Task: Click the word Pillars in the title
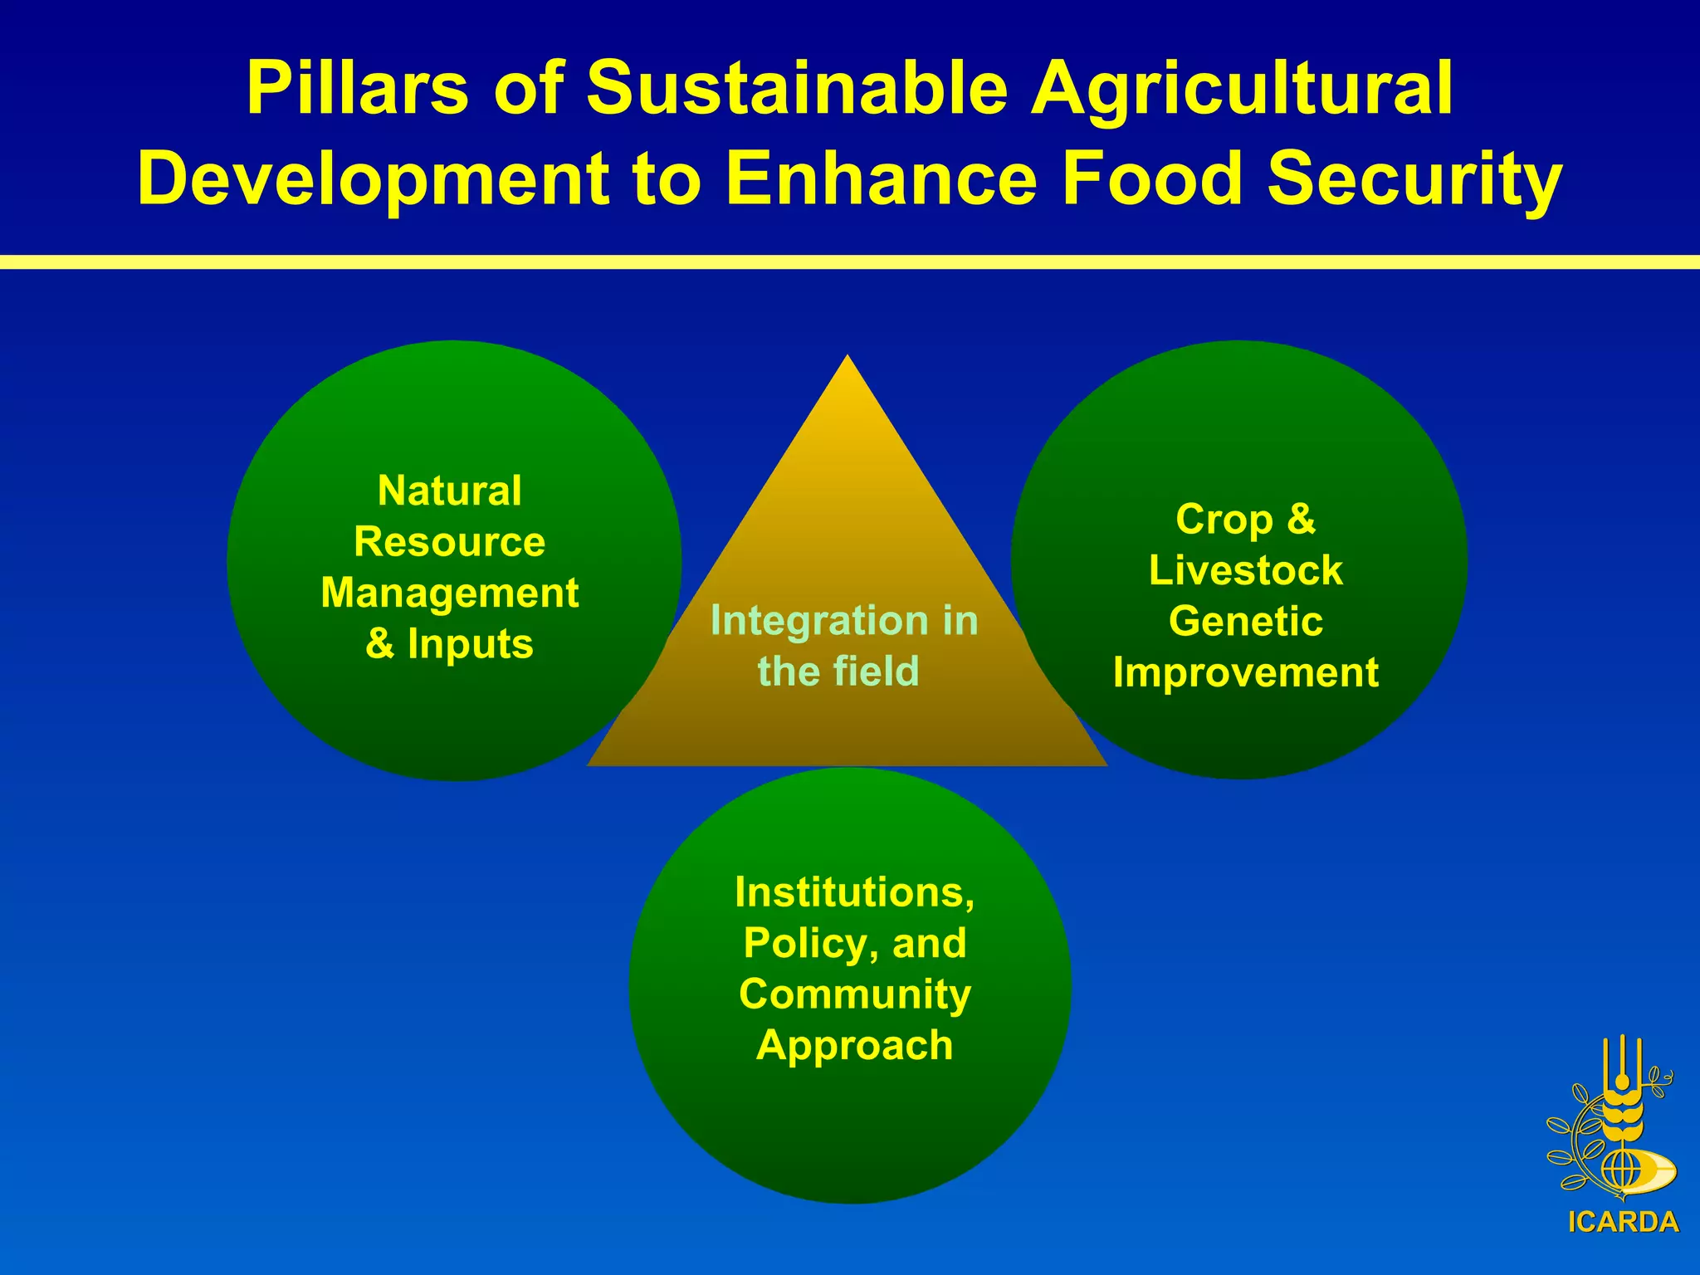pos(357,89)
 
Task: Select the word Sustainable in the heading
pos(797,89)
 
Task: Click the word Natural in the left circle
pos(450,491)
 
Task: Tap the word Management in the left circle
pos(450,593)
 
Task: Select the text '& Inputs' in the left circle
pos(450,644)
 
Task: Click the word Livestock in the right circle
pos(1245,570)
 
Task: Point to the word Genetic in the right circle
pos(1245,621)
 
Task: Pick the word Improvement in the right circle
pos(1245,672)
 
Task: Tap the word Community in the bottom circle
pos(855,994)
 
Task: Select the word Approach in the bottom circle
pos(855,1045)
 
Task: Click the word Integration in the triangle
pos(798,621)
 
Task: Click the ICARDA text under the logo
pos(1623,1222)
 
